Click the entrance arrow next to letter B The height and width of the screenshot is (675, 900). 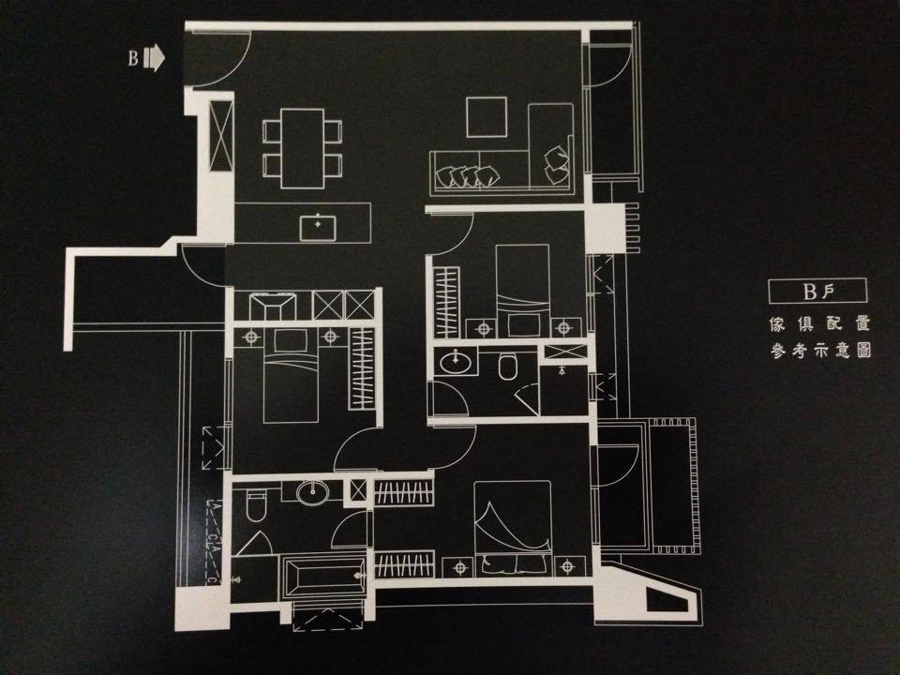[x=154, y=58]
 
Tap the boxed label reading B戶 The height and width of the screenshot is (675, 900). [x=817, y=291]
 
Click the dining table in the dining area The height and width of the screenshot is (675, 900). [x=303, y=148]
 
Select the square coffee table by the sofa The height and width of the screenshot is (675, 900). [x=487, y=117]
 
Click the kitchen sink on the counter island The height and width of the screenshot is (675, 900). [x=318, y=227]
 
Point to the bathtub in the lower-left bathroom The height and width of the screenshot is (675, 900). [x=323, y=577]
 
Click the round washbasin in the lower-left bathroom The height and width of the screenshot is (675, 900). [x=313, y=491]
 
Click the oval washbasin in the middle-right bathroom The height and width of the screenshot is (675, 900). [x=457, y=362]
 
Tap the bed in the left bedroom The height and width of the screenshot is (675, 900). [x=291, y=377]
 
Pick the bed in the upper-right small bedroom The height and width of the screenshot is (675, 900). [x=522, y=291]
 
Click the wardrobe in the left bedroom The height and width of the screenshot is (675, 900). [x=362, y=368]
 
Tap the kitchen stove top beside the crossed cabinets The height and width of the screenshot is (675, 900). [x=273, y=307]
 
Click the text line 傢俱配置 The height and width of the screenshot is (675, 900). [x=819, y=324]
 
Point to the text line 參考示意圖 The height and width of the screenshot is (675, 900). [x=820, y=350]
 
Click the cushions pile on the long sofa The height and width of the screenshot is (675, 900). [x=467, y=176]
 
